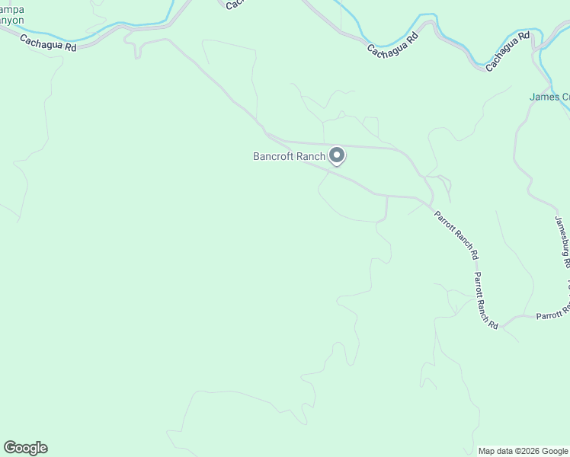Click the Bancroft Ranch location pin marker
coord(337,155)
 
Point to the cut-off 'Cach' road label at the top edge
coord(235,4)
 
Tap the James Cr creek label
coord(549,97)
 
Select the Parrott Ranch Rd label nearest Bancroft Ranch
coord(456,233)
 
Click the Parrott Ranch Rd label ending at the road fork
coord(485,300)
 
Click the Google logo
coord(25,447)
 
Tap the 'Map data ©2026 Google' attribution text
coord(523,451)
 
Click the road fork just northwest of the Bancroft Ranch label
coord(266,134)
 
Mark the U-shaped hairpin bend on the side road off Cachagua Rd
coord(138,51)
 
